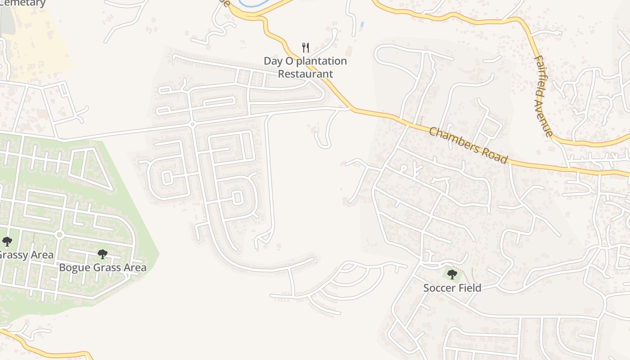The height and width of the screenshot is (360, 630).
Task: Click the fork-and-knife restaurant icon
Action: coord(306,47)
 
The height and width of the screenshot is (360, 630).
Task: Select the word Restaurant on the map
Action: coord(306,74)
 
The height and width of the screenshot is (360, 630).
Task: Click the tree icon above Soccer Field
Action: coord(452,274)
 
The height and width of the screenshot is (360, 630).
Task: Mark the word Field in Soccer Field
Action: coord(470,288)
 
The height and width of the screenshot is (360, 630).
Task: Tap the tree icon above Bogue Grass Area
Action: coord(103,254)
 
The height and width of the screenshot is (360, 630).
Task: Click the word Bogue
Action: coord(75,268)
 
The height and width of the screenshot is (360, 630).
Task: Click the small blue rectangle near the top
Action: coord(362,24)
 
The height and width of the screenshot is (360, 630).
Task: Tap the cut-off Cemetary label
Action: coord(22,3)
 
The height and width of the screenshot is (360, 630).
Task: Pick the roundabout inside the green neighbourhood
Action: coord(59,235)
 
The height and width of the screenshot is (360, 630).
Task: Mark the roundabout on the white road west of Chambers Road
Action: coord(192,124)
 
